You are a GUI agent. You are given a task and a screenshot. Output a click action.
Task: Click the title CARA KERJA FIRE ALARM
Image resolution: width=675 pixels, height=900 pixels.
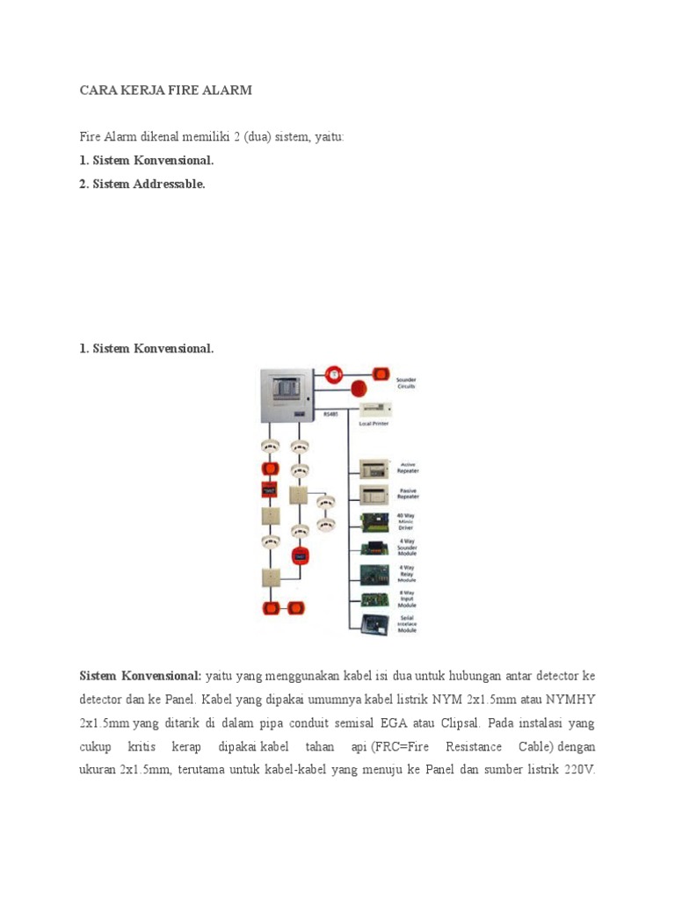pos(165,91)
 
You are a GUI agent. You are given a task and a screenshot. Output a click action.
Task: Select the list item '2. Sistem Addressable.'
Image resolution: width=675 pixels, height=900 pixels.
pos(142,184)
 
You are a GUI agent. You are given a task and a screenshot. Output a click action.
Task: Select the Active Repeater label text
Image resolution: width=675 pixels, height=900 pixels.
pos(408,467)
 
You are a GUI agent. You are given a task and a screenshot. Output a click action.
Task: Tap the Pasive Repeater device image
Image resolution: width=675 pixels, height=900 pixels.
pos(374,494)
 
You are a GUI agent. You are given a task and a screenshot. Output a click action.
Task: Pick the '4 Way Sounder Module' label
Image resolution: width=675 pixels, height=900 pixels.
pos(407,548)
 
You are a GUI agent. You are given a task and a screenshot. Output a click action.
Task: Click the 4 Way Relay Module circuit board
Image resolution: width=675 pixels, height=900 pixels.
pos(374,575)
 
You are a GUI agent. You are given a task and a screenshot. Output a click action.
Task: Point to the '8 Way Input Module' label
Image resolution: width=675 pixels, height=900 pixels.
pos(407,600)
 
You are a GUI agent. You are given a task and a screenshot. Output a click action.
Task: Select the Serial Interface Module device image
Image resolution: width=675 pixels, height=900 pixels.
pos(374,625)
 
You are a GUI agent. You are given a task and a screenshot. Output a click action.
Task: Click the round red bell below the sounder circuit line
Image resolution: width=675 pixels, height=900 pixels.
pos(359,388)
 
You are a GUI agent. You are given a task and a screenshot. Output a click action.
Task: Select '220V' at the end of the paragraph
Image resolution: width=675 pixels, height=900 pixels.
pos(578,769)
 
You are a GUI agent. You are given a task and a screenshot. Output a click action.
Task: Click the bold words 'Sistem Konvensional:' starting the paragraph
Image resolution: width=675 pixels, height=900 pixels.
pos(141,676)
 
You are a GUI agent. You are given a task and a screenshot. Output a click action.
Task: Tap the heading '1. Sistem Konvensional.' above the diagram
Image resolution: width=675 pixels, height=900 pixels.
pos(146,349)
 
